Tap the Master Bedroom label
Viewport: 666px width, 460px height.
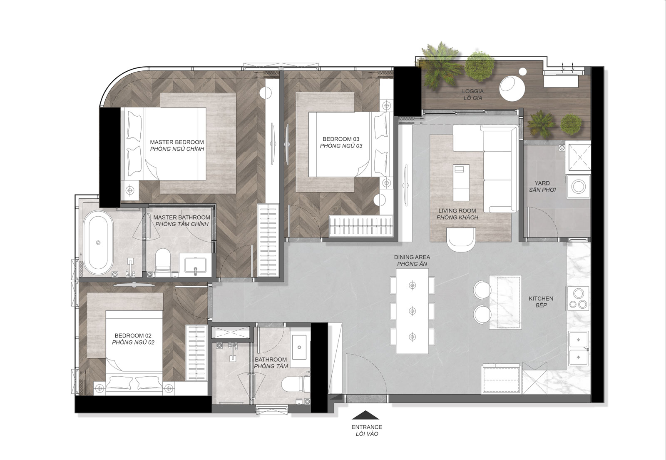[177, 145]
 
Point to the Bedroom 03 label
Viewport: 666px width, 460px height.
[341, 142]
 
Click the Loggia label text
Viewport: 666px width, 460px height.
[473, 95]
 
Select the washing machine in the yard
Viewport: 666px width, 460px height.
[578, 187]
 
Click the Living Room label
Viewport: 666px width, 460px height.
[457, 214]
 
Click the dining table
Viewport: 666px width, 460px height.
[412, 311]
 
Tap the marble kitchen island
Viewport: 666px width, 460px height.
[505, 302]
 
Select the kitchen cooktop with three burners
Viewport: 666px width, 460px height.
[578, 298]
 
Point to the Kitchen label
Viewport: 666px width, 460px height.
[541, 302]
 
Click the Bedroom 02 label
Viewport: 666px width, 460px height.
[133, 339]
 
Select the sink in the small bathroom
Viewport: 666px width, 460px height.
[299, 347]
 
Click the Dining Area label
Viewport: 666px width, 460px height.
[412, 260]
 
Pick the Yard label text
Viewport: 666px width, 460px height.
[542, 187]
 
